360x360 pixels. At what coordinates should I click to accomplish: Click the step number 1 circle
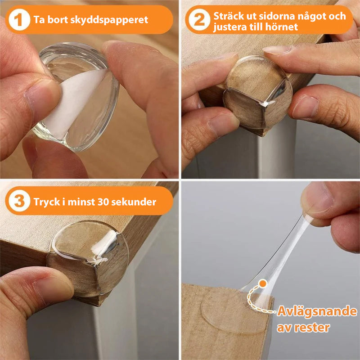click(x=19, y=20)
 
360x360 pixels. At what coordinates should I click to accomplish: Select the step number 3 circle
click(x=19, y=201)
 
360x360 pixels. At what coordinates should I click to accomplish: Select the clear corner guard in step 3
click(x=90, y=256)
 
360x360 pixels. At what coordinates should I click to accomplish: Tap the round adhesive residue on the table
click(x=229, y=310)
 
